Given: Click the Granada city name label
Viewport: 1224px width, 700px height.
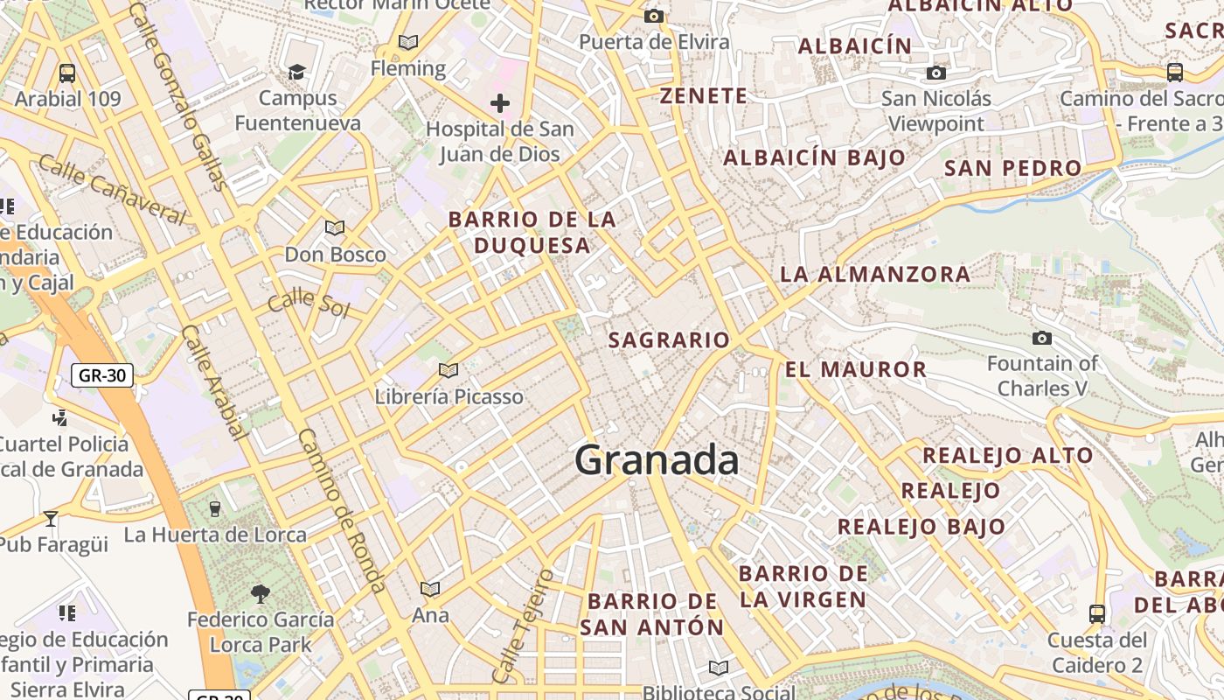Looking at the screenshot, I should [x=657, y=460].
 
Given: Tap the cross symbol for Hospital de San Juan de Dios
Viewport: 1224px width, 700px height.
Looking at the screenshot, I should [x=500, y=104].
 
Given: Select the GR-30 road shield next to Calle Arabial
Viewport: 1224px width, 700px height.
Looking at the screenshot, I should [x=102, y=376].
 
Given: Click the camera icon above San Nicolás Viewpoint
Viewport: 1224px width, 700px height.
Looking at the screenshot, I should [x=936, y=73].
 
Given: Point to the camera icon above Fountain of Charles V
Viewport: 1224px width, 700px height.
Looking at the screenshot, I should [x=1042, y=338].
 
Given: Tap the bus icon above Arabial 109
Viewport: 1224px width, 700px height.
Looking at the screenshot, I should [x=67, y=73].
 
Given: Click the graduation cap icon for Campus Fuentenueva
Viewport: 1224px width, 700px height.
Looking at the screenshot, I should [x=297, y=72].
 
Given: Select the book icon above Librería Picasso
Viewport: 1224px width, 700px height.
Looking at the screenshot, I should [x=449, y=371].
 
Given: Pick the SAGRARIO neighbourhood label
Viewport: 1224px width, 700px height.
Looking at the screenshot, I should [x=669, y=340].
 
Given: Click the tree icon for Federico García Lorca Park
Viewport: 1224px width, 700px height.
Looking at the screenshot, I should [x=260, y=594].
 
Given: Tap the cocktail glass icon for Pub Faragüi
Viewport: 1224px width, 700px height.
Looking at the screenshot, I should [x=51, y=518].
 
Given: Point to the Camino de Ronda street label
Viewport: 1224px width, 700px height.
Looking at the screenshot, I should [x=342, y=510].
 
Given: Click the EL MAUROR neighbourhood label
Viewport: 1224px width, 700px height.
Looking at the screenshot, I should [x=856, y=369].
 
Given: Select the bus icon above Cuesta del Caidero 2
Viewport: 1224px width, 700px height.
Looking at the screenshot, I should [x=1097, y=613].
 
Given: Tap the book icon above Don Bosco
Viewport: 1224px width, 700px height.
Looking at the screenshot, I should [x=335, y=228].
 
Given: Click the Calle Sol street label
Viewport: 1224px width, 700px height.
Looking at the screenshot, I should [x=309, y=304].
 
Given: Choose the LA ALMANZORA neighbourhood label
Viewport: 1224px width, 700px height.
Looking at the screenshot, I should [x=875, y=274].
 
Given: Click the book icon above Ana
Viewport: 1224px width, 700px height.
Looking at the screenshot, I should [x=430, y=589].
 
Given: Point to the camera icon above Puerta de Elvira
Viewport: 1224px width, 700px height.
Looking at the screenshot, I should [x=653, y=16].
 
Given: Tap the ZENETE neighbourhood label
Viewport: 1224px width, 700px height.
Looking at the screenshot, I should [x=704, y=96].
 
